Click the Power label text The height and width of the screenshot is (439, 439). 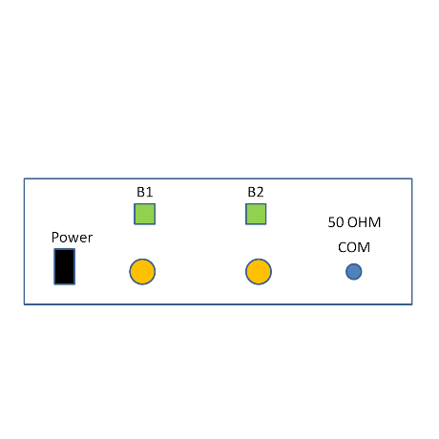(72, 238)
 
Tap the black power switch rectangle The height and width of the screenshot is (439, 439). (65, 266)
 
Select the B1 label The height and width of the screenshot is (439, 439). (145, 192)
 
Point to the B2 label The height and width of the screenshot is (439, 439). (256, 192)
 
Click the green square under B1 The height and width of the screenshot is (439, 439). (145, 214)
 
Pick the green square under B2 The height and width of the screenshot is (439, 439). (256, 214)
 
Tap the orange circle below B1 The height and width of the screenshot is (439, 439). (142, 272)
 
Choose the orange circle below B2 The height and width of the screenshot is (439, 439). (259, 272)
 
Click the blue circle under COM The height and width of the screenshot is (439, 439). (354, 272)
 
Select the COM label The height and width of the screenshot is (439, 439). (354, 247)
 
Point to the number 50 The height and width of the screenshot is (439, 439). (336, 222)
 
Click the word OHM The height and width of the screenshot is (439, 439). (364, 222)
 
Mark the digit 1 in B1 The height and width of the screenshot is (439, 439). (150, 192)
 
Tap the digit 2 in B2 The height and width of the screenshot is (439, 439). (261, 192)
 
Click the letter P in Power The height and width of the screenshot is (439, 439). (55, 238)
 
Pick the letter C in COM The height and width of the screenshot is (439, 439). (343, 247)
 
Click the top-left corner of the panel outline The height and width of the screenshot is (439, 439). (24, 178)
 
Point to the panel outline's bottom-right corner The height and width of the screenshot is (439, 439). (412, 304)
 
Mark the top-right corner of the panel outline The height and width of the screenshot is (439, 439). (412, 178)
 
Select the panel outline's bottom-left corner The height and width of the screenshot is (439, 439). (24, 304)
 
